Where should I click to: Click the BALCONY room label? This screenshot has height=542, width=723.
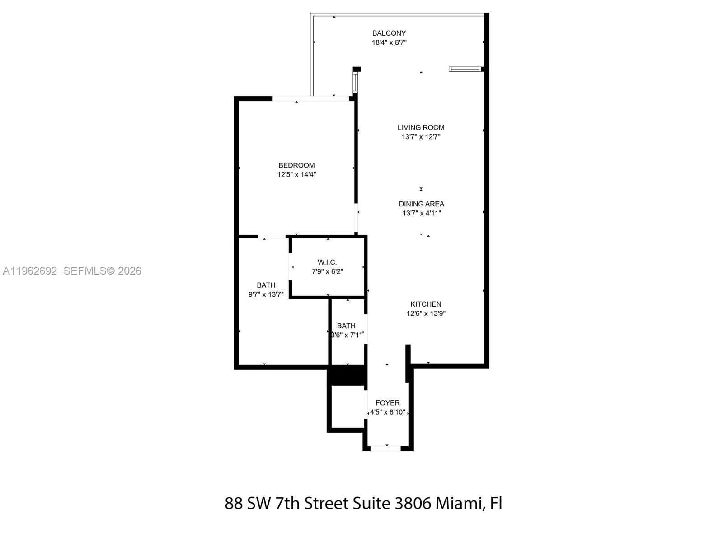pyautogui.click(x=389, y=33)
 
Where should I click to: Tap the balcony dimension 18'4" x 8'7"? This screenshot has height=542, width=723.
pyautogui.click(x=389, y=42)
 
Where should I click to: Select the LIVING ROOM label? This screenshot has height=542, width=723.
pyautogui.click(x=421, y=127)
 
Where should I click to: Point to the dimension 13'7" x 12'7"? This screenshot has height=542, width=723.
pyautogui.click(x=421, y=137)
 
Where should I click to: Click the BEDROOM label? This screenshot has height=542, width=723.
pyautogui.click(x=296, y=165)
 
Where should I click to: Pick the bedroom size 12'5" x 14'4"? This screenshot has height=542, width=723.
pyautogui.click(x=296, y=175)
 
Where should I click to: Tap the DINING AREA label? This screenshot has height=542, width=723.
pyautogui.click(x=421, y=204)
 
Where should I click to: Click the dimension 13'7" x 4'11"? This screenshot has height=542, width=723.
pyautogui.click(x=421, y=213)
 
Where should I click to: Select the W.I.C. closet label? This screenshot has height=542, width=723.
pyautogui.click(x=327, y=262)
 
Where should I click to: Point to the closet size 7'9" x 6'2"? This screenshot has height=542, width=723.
pyautogui.click(x=327, y=272)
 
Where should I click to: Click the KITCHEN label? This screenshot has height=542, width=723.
pyautogui.click(x=426, y=304)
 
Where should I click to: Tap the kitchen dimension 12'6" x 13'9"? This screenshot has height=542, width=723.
pyautogui.click(x=426, y=313)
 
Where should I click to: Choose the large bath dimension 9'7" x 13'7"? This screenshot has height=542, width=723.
pyautogui.click(x=266, y=294)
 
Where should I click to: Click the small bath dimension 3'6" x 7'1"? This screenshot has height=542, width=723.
pyautogui.click(x=347, y=335)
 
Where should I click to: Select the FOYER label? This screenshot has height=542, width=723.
pyautogui.click(x=387, y=403)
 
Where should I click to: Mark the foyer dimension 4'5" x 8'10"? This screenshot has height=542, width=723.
pyautogui.click(x=387, y=412)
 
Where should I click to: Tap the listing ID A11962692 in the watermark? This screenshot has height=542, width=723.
pyautogui.click(x=30, y=271)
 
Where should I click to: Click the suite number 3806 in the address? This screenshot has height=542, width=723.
pyautogui.click(x=413, y=503)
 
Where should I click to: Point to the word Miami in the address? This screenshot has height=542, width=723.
pyautogui.click(x=460, y=503)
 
